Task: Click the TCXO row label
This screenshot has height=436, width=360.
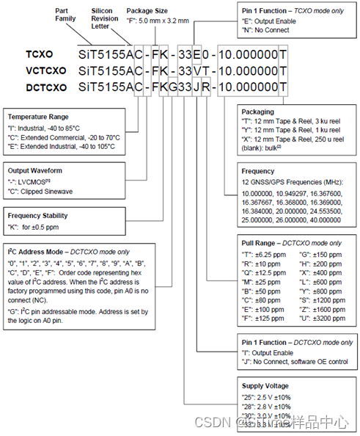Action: pyautogui.click(x=39, y=55)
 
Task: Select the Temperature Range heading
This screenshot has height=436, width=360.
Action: pyautogui.click(x=38, y=117)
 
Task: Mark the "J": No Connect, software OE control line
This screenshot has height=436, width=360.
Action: pyautogui.click(x=290, y=361)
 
